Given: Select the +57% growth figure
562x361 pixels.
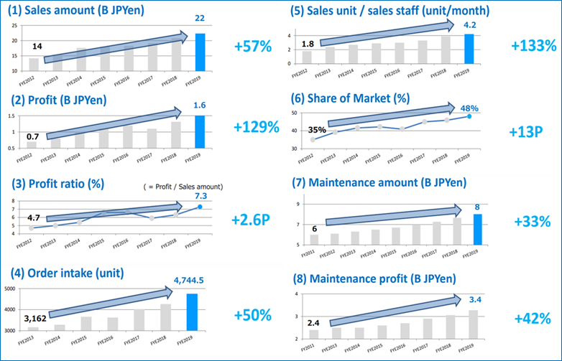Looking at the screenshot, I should (x=253, y=47).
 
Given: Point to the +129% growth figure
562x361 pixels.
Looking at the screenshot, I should (x=256, y=127).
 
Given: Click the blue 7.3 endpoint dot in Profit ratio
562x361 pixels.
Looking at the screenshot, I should (x=201, y=207).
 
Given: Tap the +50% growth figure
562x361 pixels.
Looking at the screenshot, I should (x=253, y=315).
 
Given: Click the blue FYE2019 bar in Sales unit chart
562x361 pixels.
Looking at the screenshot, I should (x=469, y=48).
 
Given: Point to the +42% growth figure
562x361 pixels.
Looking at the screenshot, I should (x=532, y=318).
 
